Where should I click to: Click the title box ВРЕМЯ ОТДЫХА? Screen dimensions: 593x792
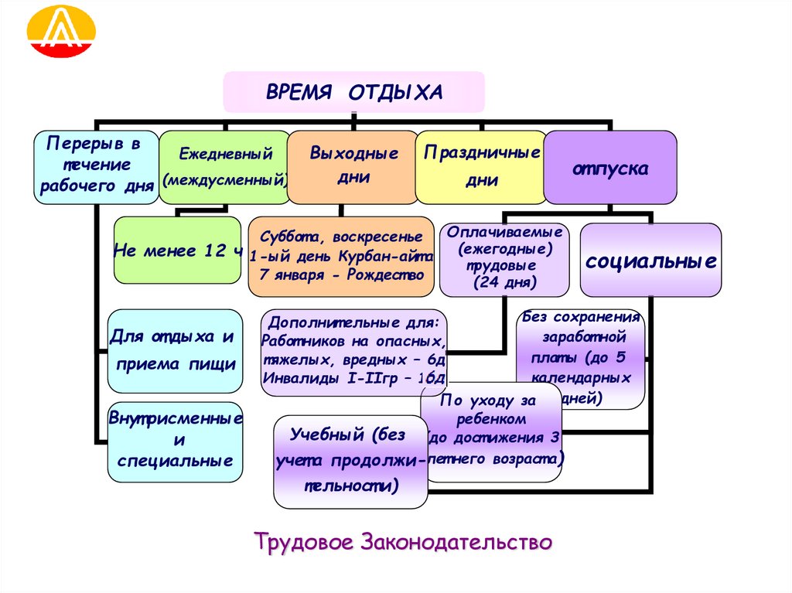tap(354, 92)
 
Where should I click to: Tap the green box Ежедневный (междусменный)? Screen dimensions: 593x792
tap(224, 167)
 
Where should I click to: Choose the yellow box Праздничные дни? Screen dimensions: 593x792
tap(480, 166)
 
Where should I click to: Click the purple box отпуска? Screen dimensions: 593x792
tap(609, 167)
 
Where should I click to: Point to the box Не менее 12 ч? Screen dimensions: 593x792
tap(178, 250)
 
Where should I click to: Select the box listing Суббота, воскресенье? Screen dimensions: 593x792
tap(341, 256)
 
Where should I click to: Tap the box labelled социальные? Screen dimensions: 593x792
tap(650, 260)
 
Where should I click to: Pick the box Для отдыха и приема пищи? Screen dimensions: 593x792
tap(174, 350)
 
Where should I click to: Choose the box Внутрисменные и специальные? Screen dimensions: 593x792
tap(175, 441)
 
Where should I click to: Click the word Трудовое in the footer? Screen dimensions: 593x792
tap(303, 541)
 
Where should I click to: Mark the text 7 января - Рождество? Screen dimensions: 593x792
tap(341, 275)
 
